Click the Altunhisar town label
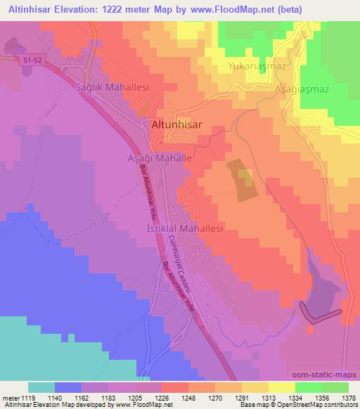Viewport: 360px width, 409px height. (x=176, y=124)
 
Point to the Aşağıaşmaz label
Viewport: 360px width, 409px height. (x=302, y=90)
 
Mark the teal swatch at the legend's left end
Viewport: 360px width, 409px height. (x=41, y=387)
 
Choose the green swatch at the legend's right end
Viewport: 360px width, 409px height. (x=335, y=387)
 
